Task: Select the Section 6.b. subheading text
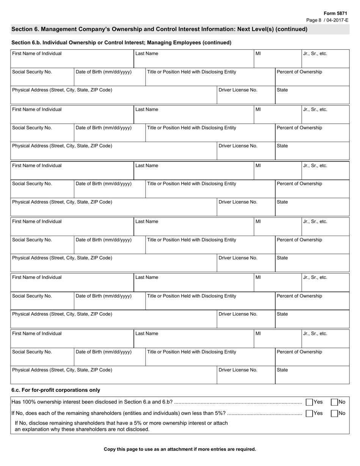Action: [x=121, y=42]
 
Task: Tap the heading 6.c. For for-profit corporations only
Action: [x=56, y=390]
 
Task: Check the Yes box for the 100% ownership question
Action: [x=310, y=402]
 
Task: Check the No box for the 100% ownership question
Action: [x=334, y=402]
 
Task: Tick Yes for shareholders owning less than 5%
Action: [x=310, y=413]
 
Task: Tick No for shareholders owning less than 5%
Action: [x=334, y=413]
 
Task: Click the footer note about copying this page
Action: [x=180, y=449]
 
